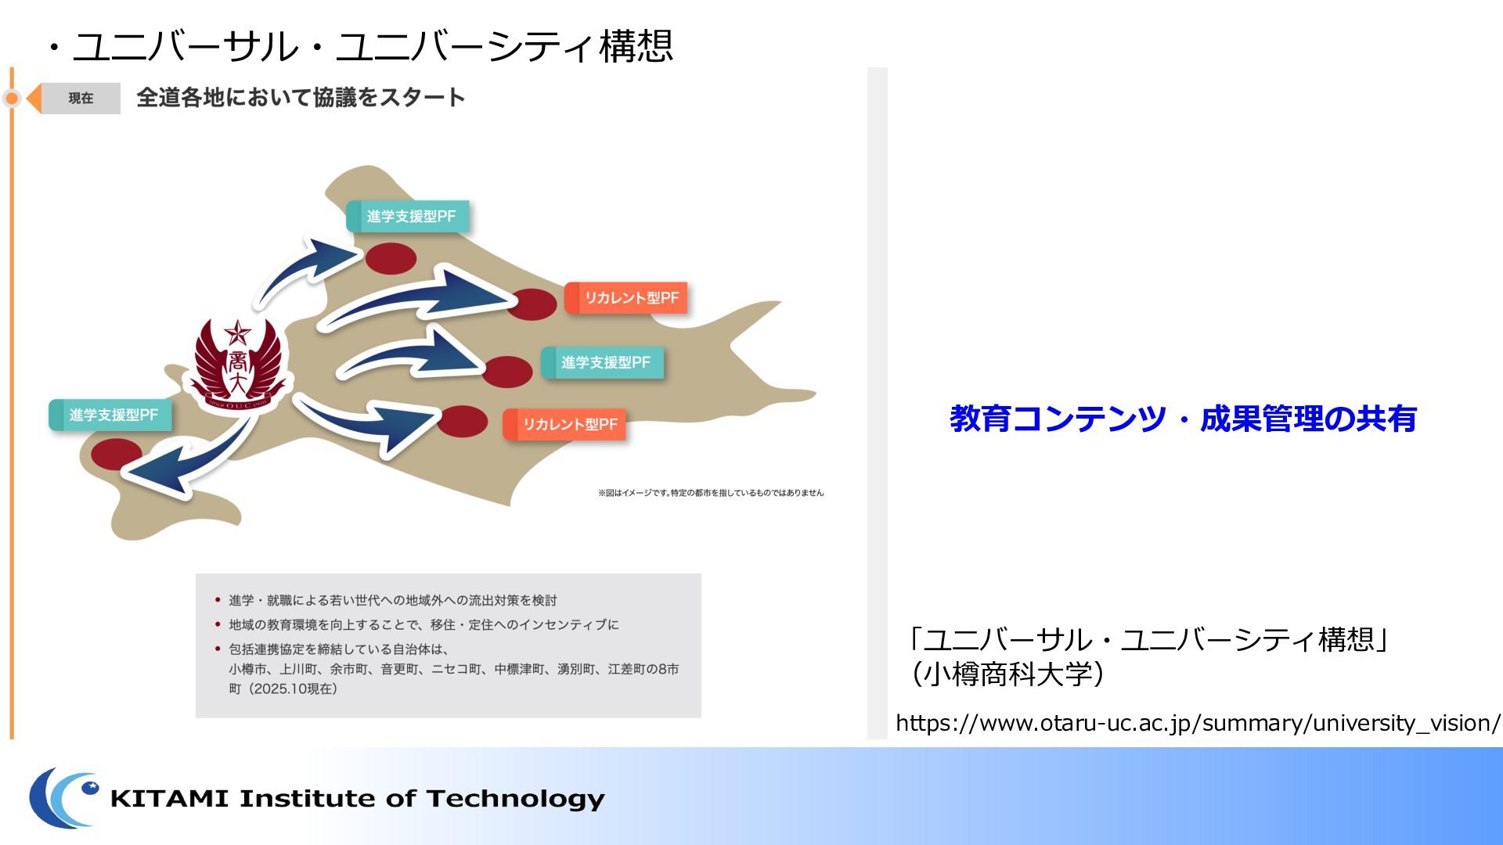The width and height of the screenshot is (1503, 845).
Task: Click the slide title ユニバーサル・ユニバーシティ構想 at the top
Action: tap(373, 46)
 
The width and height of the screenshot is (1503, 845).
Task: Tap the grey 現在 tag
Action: tap(81, 99)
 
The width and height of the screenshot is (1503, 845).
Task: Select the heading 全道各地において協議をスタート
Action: tap(301, 98)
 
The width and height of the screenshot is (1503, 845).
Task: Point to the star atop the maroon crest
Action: tap(237, 333)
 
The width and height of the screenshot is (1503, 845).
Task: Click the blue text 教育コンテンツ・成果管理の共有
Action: tap(1183, 419)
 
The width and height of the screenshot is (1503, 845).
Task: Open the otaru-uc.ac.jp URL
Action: tap(1198, 723)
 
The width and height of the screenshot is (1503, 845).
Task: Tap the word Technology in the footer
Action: tap(516, 800)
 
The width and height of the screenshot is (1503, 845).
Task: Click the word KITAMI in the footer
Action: tap(169, 799)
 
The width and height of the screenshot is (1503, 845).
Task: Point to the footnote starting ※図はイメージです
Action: tap(711, 493)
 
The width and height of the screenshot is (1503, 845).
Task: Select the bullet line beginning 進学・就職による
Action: tap(392, 600)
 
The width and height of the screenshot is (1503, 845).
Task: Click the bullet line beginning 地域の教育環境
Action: tap(424, 624)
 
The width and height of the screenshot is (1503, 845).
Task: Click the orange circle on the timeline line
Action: tap(12, 99)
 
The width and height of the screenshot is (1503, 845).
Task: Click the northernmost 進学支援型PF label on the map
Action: tap(408, 217)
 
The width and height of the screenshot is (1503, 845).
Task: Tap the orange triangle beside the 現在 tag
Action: tap(34, 99)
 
